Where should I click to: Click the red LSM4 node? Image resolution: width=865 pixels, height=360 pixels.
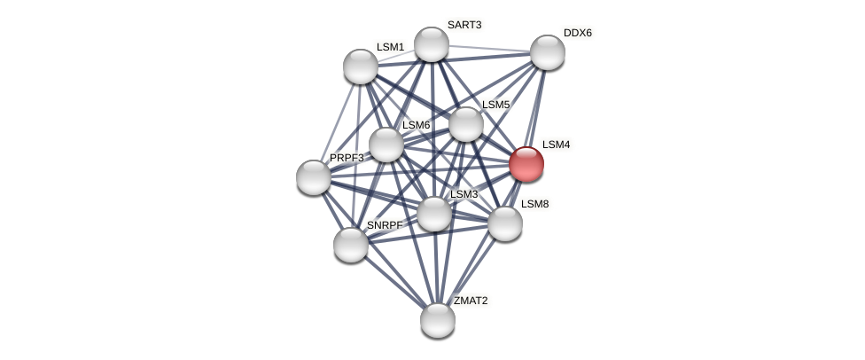[526, 164]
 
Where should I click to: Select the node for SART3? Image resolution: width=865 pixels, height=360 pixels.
[432, 44]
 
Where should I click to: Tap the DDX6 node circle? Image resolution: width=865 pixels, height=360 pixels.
[548, 52]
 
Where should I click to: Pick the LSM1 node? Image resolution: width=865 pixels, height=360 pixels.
[361, 67]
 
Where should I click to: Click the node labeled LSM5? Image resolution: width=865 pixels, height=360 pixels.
[466, 124]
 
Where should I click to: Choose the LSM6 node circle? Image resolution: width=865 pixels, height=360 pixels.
[386, 145]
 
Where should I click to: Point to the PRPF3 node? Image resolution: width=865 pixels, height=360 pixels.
[314, 177]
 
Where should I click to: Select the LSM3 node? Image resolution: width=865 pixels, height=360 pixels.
[434, 214]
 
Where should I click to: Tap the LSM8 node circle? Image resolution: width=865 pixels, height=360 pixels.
[505, 223]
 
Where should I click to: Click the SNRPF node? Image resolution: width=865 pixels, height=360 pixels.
[351, 245]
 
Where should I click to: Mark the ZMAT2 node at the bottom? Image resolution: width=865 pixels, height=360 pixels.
[438, 320]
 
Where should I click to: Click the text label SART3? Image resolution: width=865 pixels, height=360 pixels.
[464, 25]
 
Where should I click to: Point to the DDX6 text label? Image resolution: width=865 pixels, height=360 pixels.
[578, 33]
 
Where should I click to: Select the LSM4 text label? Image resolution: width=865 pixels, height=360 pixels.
[557, 145]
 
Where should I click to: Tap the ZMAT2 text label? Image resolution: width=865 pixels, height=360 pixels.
[471, 301]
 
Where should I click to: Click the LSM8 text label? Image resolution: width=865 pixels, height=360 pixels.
[534, 204]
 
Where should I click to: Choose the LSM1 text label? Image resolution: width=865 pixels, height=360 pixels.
[390, 47]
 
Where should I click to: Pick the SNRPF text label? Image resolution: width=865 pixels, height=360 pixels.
[385, 225]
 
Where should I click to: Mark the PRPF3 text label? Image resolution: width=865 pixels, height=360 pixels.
[347, 158]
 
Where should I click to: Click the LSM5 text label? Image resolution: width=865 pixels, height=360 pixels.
[495, 105]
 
